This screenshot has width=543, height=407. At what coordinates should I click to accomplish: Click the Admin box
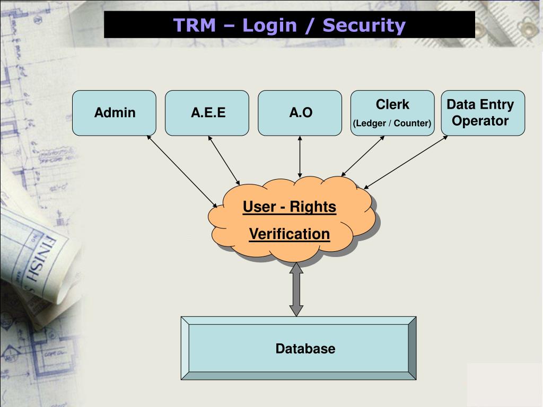tap(115, 112)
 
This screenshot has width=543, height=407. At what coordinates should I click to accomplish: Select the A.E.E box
tap(208, 112)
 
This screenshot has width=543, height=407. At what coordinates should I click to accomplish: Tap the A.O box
tap(301, 112)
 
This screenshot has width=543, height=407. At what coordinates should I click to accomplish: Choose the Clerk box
tap(392, 112)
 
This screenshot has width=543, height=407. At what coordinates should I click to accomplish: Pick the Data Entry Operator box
tap(483, 112)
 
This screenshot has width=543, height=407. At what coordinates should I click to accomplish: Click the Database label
tap(305, 349)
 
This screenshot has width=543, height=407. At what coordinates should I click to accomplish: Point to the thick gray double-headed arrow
tap(296, 290)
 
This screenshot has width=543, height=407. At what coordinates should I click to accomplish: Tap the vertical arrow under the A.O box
tap(300, 156)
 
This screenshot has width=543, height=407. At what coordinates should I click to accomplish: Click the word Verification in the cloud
tap(290, 234)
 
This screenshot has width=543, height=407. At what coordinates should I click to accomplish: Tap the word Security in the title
tap(364, 25)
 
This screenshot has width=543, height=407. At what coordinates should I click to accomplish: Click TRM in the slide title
tap(194, 25)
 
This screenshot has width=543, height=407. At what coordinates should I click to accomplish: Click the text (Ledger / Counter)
tap(392, 124)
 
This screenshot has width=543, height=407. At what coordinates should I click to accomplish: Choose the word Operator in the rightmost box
tap(480, 121)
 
